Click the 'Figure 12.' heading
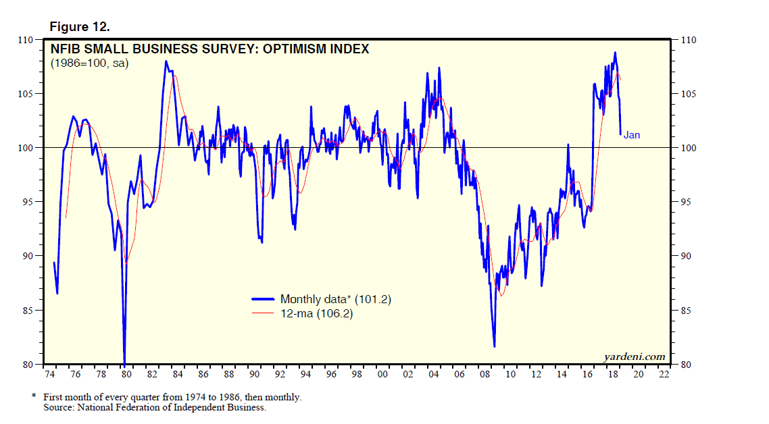pos(80,27)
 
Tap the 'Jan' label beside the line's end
pos(631,135)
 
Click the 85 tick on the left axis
pos(30,311)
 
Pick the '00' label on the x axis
pos(382,373)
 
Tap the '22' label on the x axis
pos(664,373)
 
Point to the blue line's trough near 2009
pos(494,346)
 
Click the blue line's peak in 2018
pos(615,53)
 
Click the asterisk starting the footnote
pos(34,397)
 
